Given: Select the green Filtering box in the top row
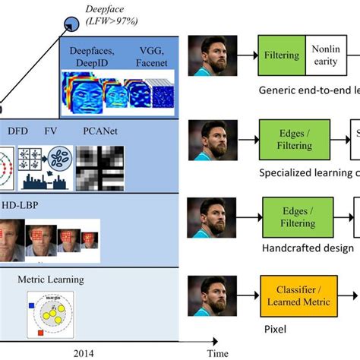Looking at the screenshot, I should pos(282,55).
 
